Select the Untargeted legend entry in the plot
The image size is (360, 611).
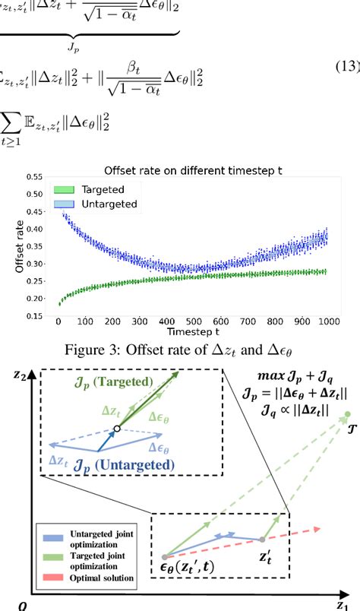point(99,204)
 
